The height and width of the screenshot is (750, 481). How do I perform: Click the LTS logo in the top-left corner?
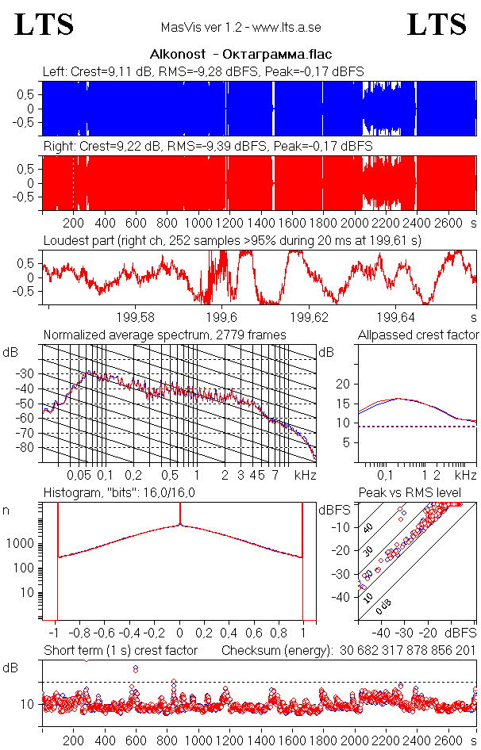click(x=44, y=25)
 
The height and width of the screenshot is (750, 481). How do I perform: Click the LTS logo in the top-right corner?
click(x=437, y=25)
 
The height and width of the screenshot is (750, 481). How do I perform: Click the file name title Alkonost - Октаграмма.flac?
click(x=240, y=55)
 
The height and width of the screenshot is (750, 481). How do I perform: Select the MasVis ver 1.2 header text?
click(x=240, y=27)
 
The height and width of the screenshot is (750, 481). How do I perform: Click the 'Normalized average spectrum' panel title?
click(x=164, y=335)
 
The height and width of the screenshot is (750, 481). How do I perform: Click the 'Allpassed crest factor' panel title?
click(x=418, y=335)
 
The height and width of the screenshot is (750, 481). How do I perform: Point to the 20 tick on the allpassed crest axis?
click(x=343, y=384)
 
